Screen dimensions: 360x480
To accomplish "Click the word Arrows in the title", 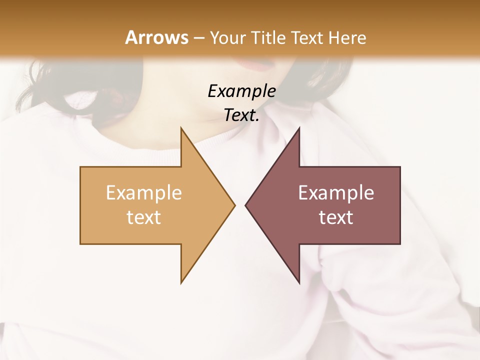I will click(x=156, y=37).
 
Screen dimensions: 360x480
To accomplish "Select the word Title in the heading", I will click(x=269, y=37).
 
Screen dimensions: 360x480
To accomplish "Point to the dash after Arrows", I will click(x=198, y=38).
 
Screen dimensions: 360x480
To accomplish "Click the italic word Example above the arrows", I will click(x=241, y=91).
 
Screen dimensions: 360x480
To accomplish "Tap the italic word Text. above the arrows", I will click(x=241, y=115).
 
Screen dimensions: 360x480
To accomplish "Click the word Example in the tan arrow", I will click(x=143, y=193).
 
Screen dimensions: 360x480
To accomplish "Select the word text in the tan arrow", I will click(x=143, y=217).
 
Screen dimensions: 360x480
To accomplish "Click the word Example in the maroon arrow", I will click(x=336, y=193).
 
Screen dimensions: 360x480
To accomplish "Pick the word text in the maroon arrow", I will click(x=336, y=217).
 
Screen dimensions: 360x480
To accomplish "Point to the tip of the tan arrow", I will click(x=233, y=205).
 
